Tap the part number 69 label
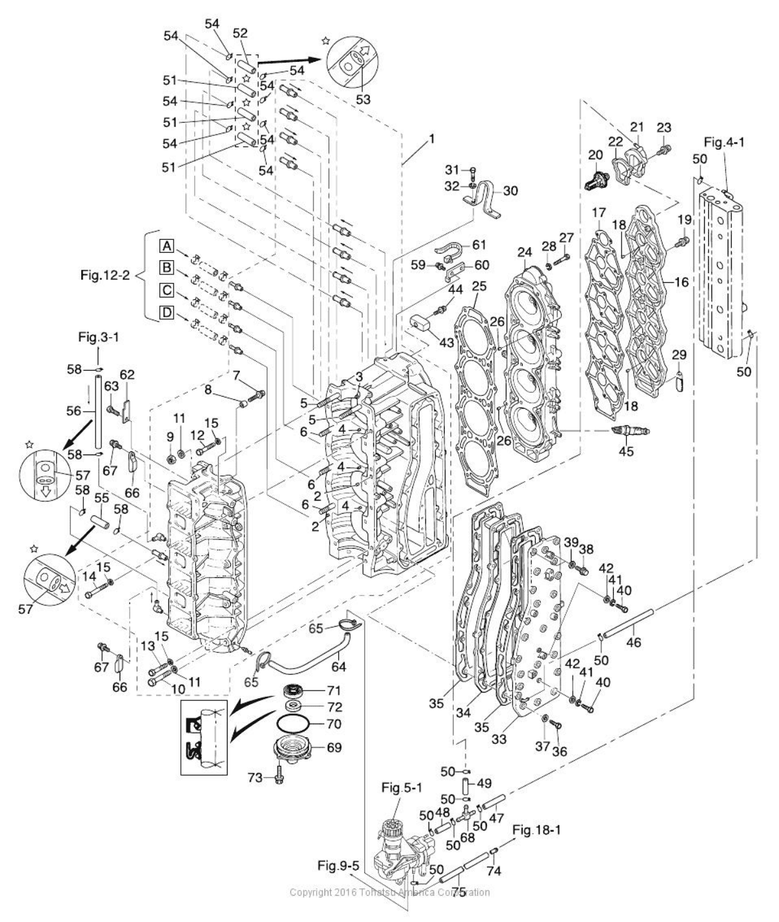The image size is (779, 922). point(333,748)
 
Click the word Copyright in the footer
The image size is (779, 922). point(310,892)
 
